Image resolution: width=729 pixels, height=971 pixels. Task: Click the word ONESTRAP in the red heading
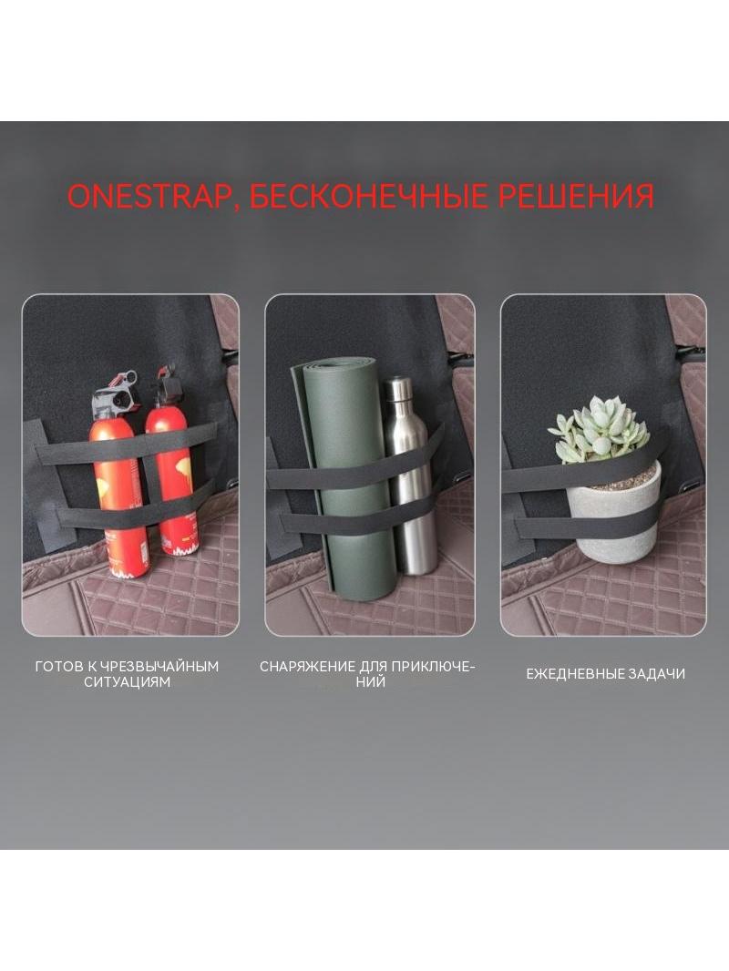(x=148, y=195)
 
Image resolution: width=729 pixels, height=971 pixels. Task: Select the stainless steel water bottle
(x=409, y=476)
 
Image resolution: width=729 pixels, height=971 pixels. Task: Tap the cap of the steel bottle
(x=397, y=387)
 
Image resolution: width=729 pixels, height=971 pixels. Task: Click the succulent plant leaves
(x=599, y=430)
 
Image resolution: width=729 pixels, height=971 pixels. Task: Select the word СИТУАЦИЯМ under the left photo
(x=127, y=682)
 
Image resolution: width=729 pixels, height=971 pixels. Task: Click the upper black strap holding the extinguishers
(x=127, y=444)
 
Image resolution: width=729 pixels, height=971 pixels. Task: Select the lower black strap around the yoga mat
(x=356, y=519)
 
